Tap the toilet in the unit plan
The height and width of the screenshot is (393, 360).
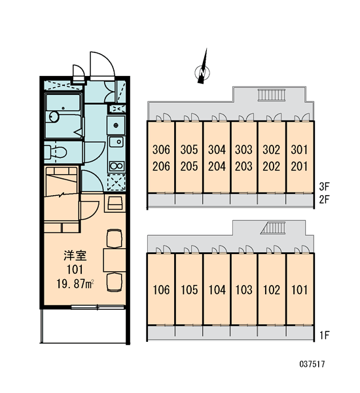56,152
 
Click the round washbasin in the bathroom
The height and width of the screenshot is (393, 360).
54,117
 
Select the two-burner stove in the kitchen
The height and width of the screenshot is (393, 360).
117,166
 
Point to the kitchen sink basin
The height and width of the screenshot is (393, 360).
116,142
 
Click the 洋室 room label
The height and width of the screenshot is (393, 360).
75,255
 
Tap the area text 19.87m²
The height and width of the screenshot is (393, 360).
75,284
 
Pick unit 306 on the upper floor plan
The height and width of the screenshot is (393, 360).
161,149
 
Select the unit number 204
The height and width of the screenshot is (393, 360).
217,166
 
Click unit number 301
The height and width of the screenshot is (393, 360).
299,149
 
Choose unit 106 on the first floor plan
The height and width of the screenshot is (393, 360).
161,290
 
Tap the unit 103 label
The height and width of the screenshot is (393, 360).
243,290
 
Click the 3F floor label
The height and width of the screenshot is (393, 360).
324,187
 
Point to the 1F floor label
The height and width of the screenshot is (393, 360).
325,335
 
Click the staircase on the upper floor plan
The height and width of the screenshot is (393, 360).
272,95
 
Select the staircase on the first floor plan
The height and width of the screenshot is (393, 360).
273,228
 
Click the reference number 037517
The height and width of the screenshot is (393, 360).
312,364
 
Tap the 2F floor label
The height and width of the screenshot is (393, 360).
324,200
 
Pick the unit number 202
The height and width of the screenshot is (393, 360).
272,166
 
